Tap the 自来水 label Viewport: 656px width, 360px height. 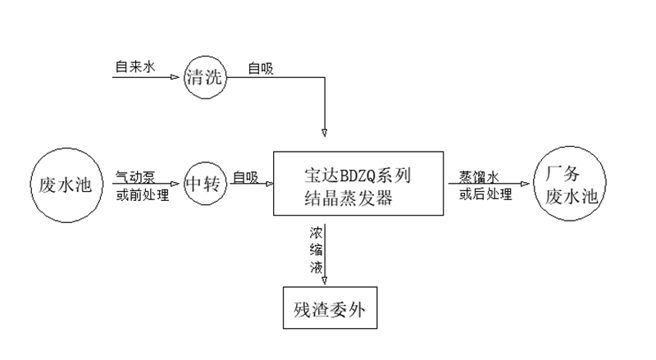coord(134,66)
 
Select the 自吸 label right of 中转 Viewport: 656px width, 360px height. coord(244,175)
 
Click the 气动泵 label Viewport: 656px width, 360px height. coord(135,175)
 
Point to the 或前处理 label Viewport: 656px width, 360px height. coord(141,194)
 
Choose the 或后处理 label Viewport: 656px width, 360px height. coord(484,194)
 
